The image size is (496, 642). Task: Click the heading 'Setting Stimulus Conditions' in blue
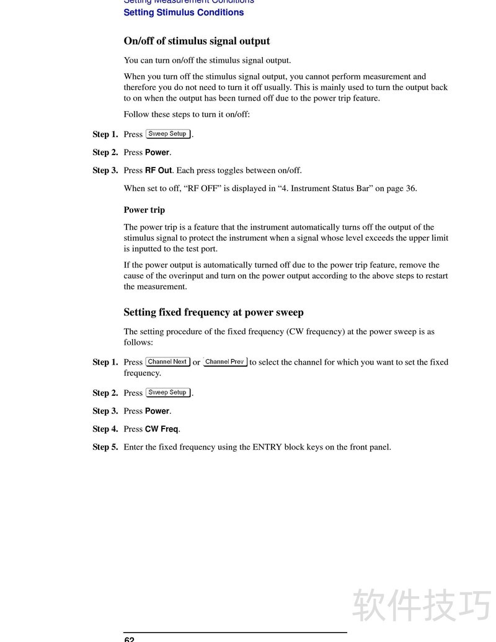(x=184, y=12)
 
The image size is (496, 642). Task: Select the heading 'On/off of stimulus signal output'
(x=197, y=41)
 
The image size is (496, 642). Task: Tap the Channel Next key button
(x=167, y=362)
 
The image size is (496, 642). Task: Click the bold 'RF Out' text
(x=158, y=171)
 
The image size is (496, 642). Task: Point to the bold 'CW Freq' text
(x=161, y=429)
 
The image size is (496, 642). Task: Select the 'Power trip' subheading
(x=144, y=210)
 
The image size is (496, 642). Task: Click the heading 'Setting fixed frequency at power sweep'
(x=213, y=312)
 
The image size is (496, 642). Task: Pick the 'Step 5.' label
(x=105, y=447)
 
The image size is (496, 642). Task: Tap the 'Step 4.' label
(x=105, y=429)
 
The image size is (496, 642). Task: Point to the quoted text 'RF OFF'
(x=197, y=189)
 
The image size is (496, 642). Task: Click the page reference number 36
(x=410, y=189)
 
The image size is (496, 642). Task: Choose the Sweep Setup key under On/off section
(x=167, y=134)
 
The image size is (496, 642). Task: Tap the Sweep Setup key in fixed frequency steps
(x=167, y=393)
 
